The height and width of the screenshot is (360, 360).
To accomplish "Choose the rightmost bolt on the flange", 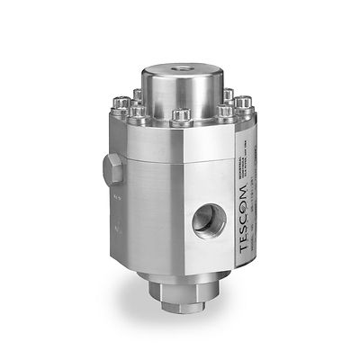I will coord(241,110).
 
